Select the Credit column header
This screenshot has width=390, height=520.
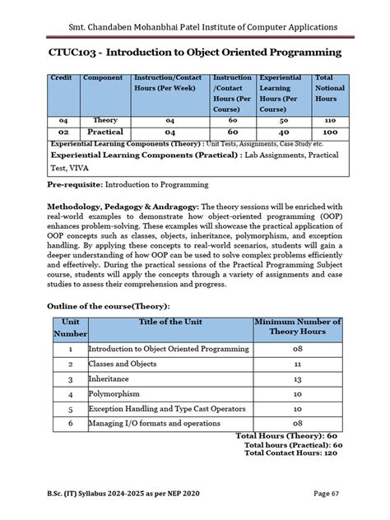[x=61, y=78]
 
